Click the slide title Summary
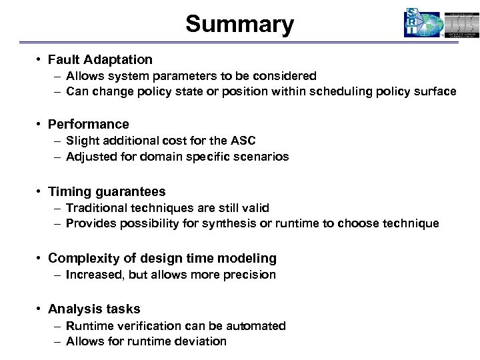[x=239, y=25]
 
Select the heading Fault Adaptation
[x=100, y=59]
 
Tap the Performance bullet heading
[x=89, y=124]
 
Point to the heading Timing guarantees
[x=107, y=191]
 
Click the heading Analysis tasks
[x=94, y=309]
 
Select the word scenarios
[x=263, y=157]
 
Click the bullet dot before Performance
[x=41, y=125]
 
